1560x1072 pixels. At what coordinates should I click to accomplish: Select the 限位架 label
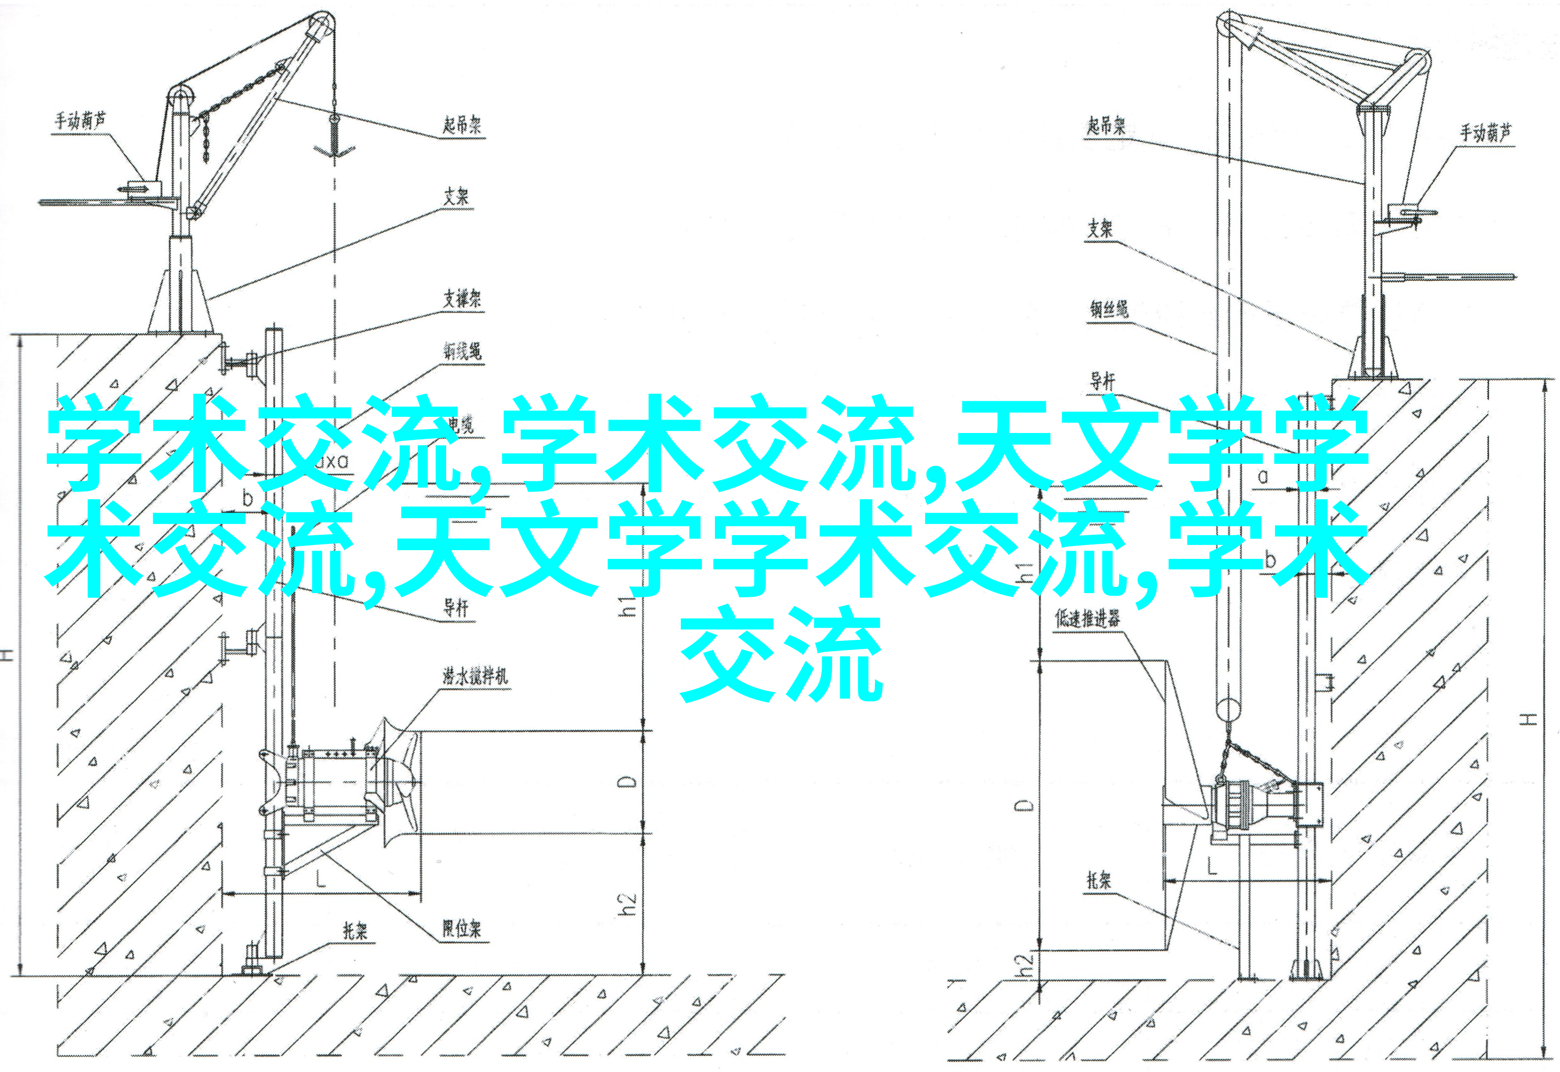pos(462,929)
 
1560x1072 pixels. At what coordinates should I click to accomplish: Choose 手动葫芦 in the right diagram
pos(1485,133)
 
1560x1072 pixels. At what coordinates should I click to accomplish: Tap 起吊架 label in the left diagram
pos(462,125)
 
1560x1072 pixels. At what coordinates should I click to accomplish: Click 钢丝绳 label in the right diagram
pos(1108,309)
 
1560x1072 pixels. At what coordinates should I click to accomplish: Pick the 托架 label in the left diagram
pos(356,930)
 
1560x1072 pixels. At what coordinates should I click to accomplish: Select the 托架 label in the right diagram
pos(1099,880)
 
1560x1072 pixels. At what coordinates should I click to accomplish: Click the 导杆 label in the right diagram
pos(1102,382)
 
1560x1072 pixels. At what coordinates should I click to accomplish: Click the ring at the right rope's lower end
pos(1227,709)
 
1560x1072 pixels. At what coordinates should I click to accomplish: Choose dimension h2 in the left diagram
pos(626,903)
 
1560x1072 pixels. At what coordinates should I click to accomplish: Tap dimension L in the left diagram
pos(321,878)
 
